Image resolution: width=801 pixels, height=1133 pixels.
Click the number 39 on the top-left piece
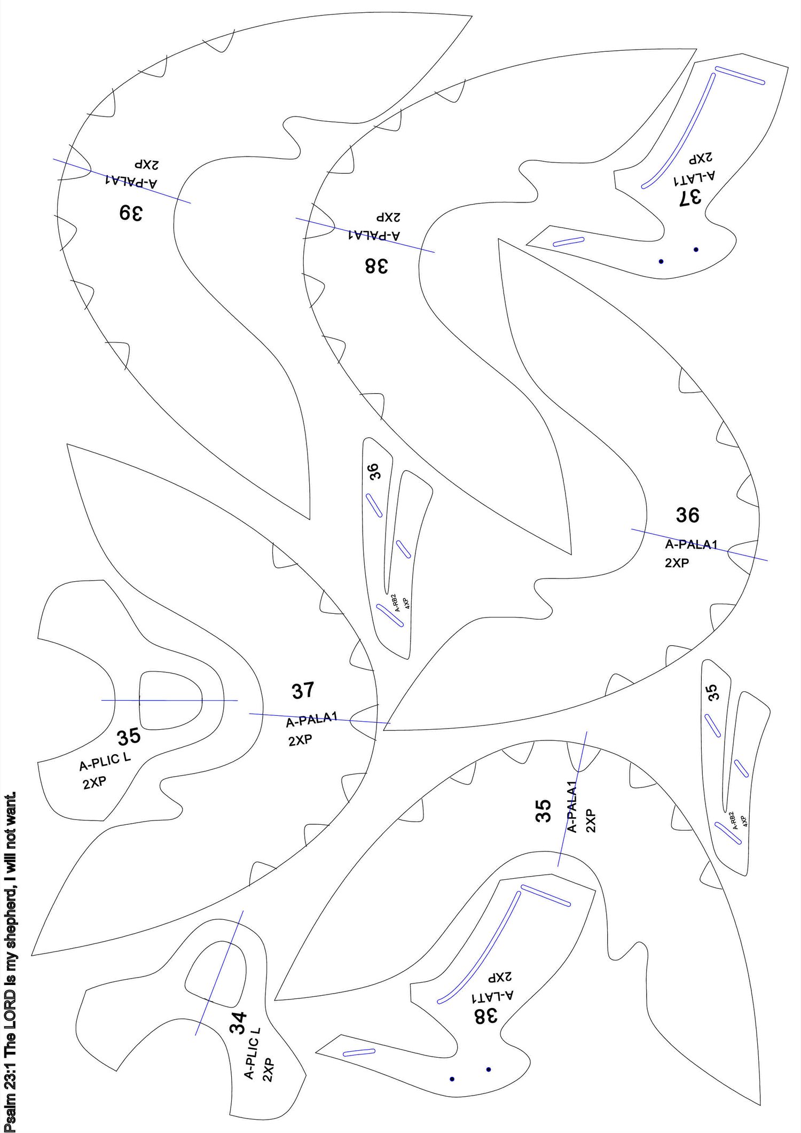click(130, 213)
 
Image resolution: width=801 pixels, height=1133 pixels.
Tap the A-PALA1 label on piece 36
click(691, 545)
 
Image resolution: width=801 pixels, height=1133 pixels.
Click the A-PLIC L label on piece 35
click(105, 762)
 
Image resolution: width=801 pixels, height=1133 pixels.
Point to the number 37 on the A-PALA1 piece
click(303, 691)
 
